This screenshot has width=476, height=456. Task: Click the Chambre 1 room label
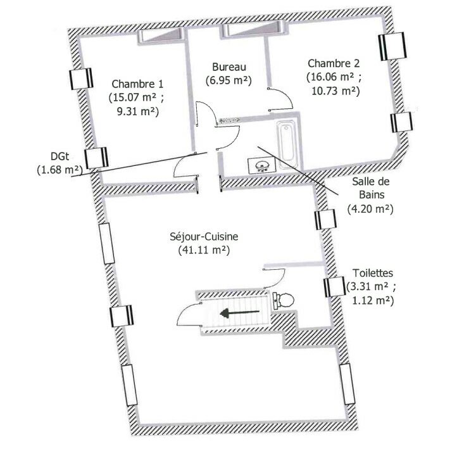click(x=137, y=84)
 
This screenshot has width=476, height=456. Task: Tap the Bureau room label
click(x=229, y=67)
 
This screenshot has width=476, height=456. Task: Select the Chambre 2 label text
click(x=334, y=63)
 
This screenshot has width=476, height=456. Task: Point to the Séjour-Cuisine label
click(x=204, y=236)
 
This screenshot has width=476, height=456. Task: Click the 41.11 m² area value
click(x=204, y=250)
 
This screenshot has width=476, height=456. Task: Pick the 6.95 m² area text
click(x=229, y=81)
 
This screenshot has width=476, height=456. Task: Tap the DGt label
click(x=59, y=156)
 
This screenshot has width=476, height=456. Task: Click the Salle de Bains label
click(x=371, y=188)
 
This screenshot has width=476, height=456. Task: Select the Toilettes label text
click(x=372, y=273)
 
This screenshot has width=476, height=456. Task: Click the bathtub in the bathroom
click(x=287, y=144)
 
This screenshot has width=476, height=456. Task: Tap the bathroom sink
click(x=261, y=165)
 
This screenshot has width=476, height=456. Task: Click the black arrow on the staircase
click(x=240, y=313)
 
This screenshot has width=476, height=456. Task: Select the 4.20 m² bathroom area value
click(x=370, y=209)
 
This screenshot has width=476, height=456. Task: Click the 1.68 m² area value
click(x=59, y=170)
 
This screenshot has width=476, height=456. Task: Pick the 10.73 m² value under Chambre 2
click(x=335, y=91)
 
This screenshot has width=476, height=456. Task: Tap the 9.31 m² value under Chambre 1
click(x=138, y=111)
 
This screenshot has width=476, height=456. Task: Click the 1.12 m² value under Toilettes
click(x=372, y=300)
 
